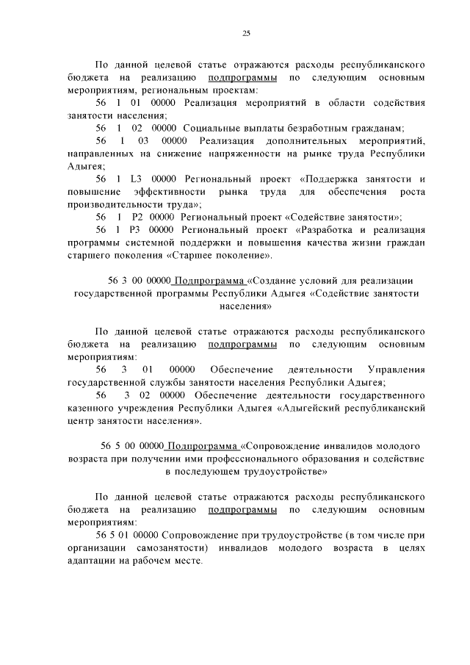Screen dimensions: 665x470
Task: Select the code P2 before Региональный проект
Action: (137, 217)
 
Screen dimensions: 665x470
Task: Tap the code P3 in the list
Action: (137, 230)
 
